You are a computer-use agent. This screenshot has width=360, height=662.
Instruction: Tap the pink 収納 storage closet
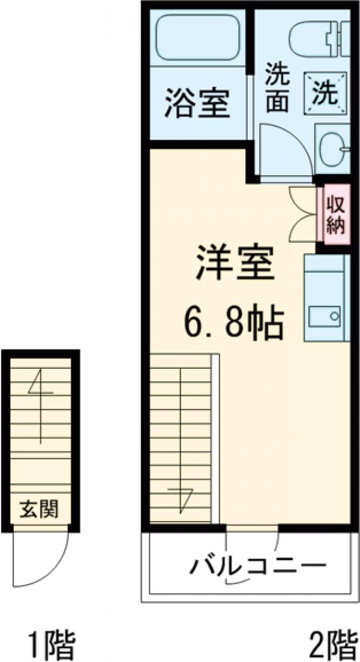(x=335, y=215)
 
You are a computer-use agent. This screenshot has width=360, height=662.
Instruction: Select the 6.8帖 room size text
(x=232, y=324)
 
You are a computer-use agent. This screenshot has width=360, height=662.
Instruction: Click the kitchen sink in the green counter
(x=325, y=315)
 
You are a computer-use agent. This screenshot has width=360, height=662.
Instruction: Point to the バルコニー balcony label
(x=258, y=565)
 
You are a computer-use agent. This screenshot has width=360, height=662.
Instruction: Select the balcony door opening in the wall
(x=252, y=528)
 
